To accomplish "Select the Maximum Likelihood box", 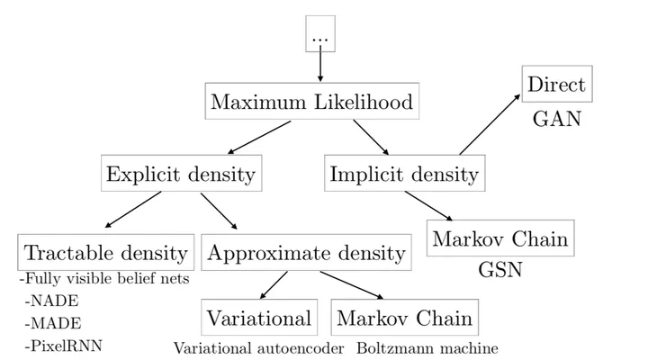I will (x=311, y=102).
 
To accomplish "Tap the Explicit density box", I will (x=180, y=173).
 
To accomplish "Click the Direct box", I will (x=556, y=85).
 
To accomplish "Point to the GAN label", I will (x=557, y=118).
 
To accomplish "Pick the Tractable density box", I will (x=106, y=252).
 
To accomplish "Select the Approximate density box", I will (x=306, y=252).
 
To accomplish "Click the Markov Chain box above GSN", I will (x=500, y=239).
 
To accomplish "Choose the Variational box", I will (x=259, y=318).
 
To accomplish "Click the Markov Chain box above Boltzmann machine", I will (x=404, y=318).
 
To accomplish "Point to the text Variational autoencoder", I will (x=258, y=347).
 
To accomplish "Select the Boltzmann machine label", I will (x=427, y=347).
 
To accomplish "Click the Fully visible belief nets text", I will (x=104, y=279).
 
